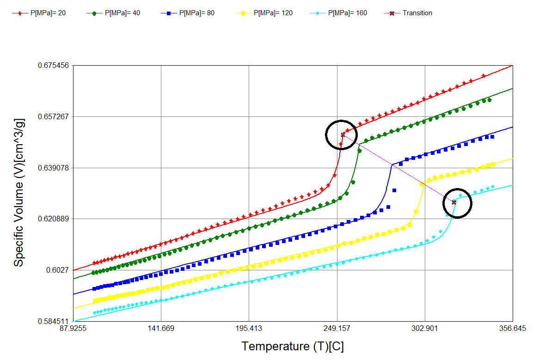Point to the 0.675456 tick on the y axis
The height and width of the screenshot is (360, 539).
tap(53, 65)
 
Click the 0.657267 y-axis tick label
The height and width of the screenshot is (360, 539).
tap(53, 116)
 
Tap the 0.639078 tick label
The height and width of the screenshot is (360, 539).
tap(53, 168)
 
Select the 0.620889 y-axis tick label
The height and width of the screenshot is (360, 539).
tap(53, 219)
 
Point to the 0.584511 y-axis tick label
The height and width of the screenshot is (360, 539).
tap(53, 321)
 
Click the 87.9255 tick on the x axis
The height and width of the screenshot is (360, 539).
tap(73, 329)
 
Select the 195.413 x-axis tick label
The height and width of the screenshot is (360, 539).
tap(249, 329)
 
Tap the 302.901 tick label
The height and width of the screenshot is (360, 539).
tap(425, 329)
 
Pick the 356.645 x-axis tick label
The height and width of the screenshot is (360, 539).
tap(513, 329)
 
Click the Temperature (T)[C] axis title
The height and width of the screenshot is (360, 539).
tap(293, 346)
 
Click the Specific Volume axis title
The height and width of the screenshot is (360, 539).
tap(18, 192)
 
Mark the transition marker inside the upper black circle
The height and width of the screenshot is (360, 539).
tap(343, 134)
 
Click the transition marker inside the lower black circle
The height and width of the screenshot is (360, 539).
tap(454, 202)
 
